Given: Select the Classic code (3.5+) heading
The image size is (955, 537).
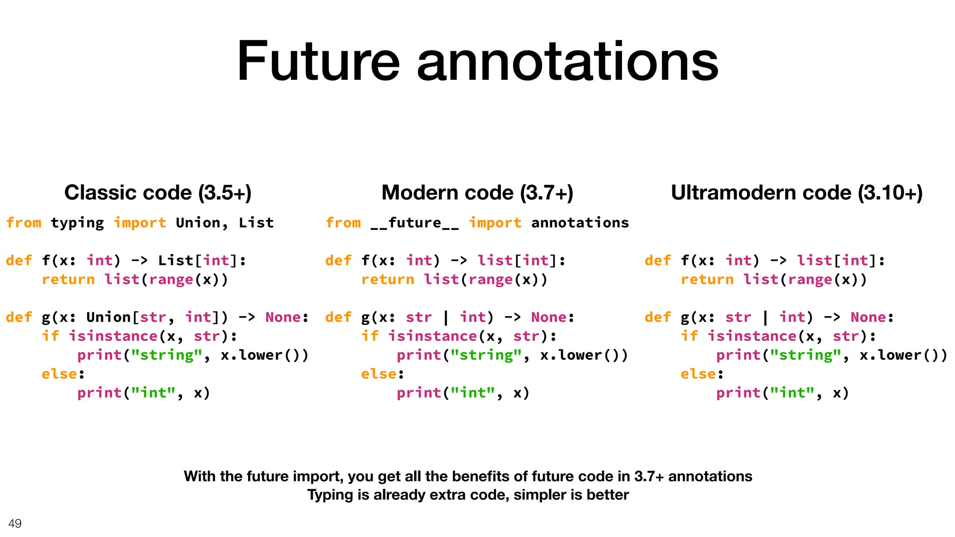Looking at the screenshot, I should click(158, 193).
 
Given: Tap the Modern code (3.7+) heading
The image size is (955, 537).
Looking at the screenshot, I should click(477, 193).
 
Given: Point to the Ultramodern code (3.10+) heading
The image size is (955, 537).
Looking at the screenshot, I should click(796, 193).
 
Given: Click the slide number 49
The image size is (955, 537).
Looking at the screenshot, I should click(15, 523).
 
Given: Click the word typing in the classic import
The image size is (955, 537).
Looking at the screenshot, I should click(77, 223).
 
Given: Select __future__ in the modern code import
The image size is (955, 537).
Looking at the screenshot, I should click(415, 223).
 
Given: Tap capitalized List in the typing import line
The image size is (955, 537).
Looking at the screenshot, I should click(256, 223).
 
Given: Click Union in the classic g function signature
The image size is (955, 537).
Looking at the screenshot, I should click(109, 317).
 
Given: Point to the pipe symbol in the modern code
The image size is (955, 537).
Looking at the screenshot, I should click(446, 317).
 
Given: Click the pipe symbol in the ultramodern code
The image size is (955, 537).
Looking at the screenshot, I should click(765, 317).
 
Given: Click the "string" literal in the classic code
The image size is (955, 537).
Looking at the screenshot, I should click(166, 355).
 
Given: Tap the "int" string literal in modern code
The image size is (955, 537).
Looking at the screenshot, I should click(472, 393).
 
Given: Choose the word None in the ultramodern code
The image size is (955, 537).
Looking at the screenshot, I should click(868, 317).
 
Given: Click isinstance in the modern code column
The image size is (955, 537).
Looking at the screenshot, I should click(433, 336).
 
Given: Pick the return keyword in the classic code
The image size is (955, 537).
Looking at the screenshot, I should click(68, 280).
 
